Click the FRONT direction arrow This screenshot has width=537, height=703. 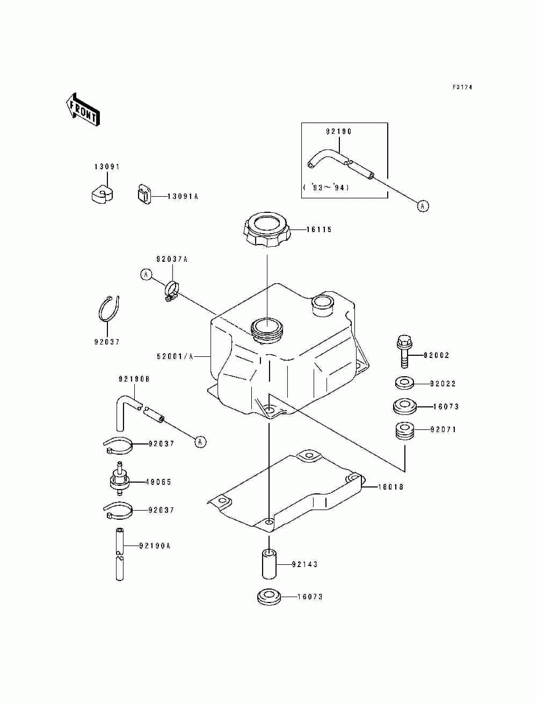point(82,110)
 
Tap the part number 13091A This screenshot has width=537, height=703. point(183,196)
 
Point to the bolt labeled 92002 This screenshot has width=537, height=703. point(404,351)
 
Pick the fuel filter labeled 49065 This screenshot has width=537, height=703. point(120,482)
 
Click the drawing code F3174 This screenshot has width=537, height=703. point(462,87)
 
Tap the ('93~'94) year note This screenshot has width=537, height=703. point(325,188)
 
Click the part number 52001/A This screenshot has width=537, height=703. point(175,356)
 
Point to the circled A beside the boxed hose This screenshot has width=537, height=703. point(423,206)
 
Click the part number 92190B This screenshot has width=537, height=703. point(134,379)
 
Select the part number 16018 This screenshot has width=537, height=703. point(390,487)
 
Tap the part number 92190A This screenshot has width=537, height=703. point(155,546)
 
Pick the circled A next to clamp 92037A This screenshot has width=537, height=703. point(146,275)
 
